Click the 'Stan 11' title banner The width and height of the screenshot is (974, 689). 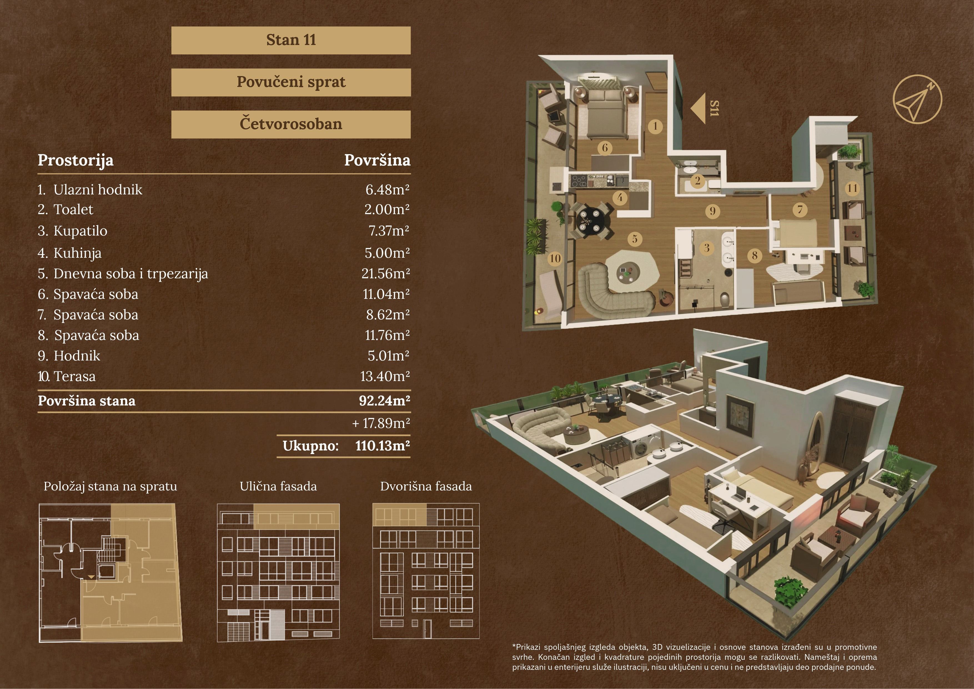pos(291,40)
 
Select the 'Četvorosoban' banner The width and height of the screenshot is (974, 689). pos(291,124)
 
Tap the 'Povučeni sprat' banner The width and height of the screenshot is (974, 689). pos(291,82)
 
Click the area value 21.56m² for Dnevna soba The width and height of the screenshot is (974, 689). pos(386,274)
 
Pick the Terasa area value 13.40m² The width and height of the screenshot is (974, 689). pos(385,376)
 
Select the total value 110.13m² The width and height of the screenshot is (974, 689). pos(383,446)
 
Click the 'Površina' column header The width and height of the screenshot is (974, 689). pos(377,160)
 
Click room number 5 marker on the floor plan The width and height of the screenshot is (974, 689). pos(635,239)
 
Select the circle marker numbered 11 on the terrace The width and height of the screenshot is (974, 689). pos(852,188)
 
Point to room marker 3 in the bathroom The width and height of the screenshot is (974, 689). pos(707,248)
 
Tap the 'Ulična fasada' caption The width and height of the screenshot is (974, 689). pos(278,486)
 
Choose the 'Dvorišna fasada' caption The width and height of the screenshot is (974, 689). pos(426,486)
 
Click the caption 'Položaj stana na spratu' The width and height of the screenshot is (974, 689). pos(110,487)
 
